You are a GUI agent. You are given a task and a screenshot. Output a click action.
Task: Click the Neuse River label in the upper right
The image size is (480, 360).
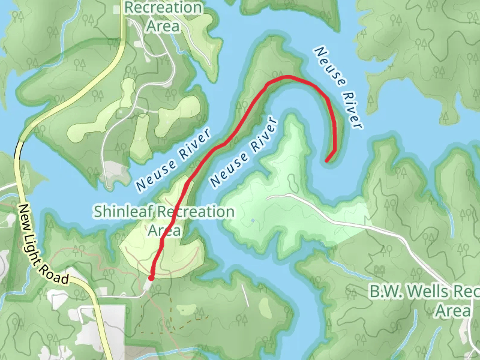tap(340, 88)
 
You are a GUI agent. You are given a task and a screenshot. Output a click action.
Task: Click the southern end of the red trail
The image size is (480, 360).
tap(151, 277)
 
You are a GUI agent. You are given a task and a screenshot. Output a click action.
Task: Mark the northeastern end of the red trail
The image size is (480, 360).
tap(327, 160)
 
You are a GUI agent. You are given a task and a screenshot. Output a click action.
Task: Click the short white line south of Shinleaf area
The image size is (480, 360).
tap(245, 294)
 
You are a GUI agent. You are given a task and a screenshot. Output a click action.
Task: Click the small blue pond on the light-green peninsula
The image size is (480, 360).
tap(253, 220)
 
